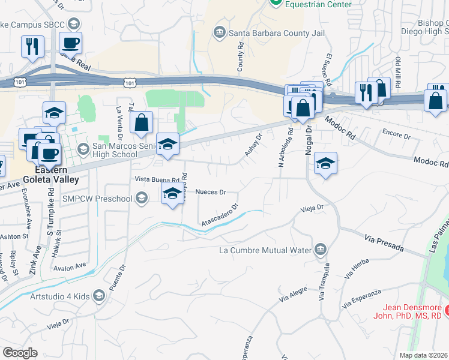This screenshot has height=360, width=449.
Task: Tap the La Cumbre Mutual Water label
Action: click(x=266, y=250)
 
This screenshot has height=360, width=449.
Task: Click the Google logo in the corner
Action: click(x=20, y=353)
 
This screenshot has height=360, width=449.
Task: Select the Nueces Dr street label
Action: click(x=211, y=193)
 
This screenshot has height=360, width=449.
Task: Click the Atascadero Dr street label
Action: click(x=220, y=214)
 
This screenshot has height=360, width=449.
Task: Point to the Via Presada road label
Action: click(x=384, y=244)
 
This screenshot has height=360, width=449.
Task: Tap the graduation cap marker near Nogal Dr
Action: click(x=325, y=163)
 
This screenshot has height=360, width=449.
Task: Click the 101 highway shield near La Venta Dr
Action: click(x=130, y=82)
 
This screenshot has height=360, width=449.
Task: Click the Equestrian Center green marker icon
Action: click(x=276, y=2)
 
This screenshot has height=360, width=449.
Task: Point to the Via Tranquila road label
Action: click(x=325, y=282)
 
